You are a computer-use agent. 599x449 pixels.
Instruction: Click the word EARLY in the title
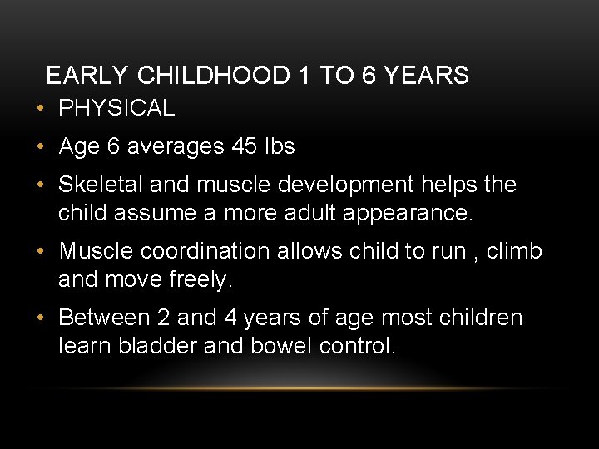click(87, 76)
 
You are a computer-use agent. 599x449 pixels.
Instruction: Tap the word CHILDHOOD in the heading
click(215, 76)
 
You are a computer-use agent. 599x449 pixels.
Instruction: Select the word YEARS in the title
click(428, 76)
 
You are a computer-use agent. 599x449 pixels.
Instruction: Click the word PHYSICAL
click(116, 108)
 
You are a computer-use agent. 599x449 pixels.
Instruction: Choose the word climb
click(516, 251)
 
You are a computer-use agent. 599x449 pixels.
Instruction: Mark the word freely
click(198, 280)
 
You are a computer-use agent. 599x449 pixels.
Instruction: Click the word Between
click(104, 318)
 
